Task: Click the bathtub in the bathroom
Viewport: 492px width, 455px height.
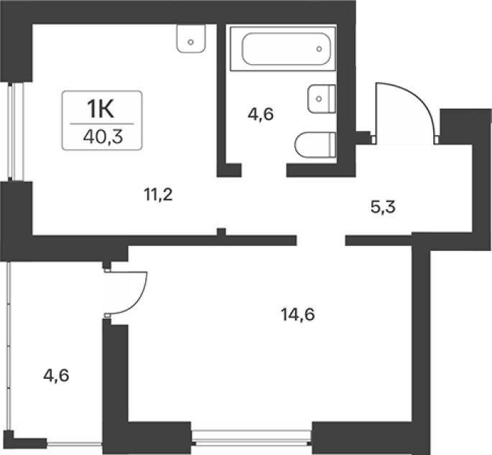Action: [283, 49]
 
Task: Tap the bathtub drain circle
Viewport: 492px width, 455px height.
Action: [319, 49]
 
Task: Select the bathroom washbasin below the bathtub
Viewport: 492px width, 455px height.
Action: [322, 98]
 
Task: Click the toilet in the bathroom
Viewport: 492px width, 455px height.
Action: [315, 144]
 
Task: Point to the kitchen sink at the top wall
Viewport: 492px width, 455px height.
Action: [191, 39]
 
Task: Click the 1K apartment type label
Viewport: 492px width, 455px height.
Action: [101, 109]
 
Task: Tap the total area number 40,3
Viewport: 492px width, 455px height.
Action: [103, 137]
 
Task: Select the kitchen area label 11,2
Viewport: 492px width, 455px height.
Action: [159, 195]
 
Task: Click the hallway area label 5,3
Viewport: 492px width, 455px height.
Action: [383, 207]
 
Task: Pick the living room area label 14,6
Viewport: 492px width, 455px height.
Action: [298, 314]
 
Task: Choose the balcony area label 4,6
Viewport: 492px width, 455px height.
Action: [56, 375]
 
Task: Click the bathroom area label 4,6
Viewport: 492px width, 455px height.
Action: [261, 114]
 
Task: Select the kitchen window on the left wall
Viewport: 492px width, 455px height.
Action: [16, 132]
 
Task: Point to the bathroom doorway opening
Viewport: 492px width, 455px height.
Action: [264, 170]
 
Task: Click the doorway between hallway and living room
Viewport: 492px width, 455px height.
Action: [321, 241]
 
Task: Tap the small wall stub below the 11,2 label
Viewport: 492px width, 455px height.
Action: [221, 232]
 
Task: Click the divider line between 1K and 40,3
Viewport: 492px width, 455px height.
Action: [102, 124]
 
